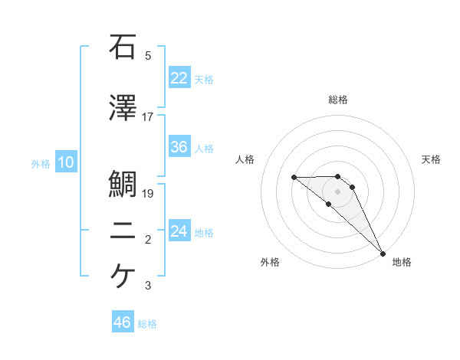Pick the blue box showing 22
tap(179, 77)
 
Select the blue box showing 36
tap(179, 147)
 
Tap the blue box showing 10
tap(65, 162)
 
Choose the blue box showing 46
tap(123, 322)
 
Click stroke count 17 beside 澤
tap(148, 117)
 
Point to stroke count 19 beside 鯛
tap(148, 194)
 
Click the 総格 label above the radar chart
tap(337, 100)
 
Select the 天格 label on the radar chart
tap(432, 159)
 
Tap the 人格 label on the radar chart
tap(245, 159)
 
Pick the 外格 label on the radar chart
tap(270, 262)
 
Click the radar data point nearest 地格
tap(383, 253)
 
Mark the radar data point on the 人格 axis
tap(294, 178)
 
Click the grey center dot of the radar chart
tap(337, 191)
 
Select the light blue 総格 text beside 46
tap(147, 324)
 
